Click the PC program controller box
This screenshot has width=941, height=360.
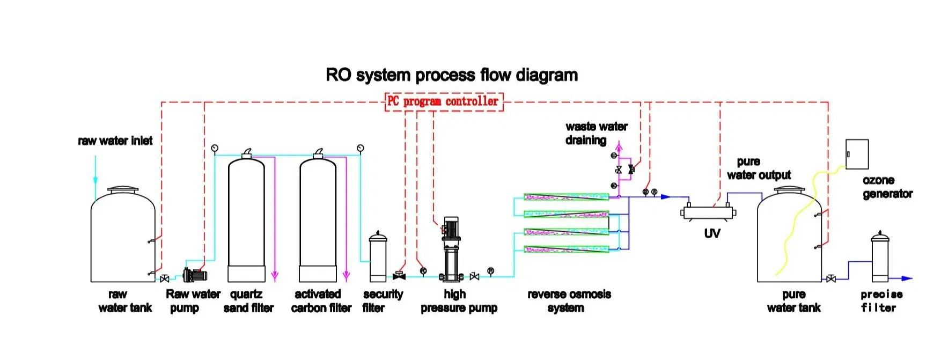pyautogui.click(x=444, y=101)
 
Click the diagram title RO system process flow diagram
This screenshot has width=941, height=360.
pyautogui.click(x=452, y=75)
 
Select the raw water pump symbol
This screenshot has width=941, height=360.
pyautogui.click(x=194, y=276)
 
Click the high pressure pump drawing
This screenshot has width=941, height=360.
pyautogui.click(x=451, y=249)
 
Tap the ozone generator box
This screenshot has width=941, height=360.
pyautogui.click(x=857, y=154)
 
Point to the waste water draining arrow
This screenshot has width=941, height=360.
pyautogui.click(x=619, y=148)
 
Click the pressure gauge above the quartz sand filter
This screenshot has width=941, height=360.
pyautogui.click(x=215, y=148)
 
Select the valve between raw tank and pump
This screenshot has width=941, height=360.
pyautogui.click(x=165, y=278)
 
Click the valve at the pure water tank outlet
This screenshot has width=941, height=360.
pyautogui.click(x=831, y=279)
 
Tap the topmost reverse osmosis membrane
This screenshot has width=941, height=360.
pyautogui.click(x=566, y=197)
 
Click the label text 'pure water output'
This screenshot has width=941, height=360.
pyautogui.click(x=759, y=168)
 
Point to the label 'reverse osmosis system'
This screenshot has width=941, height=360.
pyautogui.click(x=569, y=300)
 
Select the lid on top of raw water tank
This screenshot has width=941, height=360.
pyautogui.click(x=123, y=190)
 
